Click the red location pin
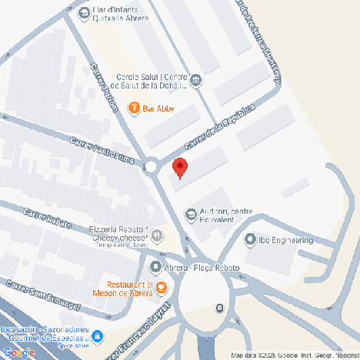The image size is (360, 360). point(179,167)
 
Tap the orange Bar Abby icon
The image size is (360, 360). point(134,108)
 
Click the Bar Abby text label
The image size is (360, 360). point(159,108)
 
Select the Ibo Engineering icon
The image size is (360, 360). point(250,240)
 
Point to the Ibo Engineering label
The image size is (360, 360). point(285,240)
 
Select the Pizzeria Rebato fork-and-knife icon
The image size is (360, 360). point(157,235)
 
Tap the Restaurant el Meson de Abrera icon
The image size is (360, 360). point(160,288)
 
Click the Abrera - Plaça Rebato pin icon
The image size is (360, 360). point(155,267)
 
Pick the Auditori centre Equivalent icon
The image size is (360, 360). point(191,213)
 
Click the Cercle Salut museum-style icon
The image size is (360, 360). point(196,80)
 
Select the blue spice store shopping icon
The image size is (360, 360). point(97,336)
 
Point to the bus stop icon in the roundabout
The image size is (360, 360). point(220,308)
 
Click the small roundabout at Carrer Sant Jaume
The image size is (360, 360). point(151,166)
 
